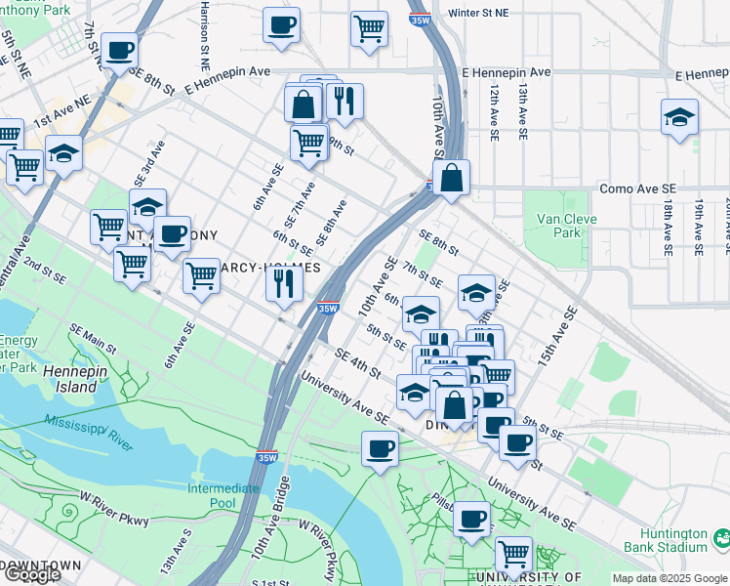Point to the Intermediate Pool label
coord(224,495)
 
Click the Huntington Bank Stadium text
coord(673,540)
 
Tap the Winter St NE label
coord(478,14)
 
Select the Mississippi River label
coord(88,432)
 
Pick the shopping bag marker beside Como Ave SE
coord(451,180)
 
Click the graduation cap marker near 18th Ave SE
coord(679,118)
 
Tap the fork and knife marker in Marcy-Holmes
coord(284,283)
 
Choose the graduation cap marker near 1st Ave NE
coord(63,154)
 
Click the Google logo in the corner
coord(31,574)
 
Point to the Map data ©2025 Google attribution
coord(669,578)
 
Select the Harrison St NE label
coord(204,34)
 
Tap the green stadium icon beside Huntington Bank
coord(721,537)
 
